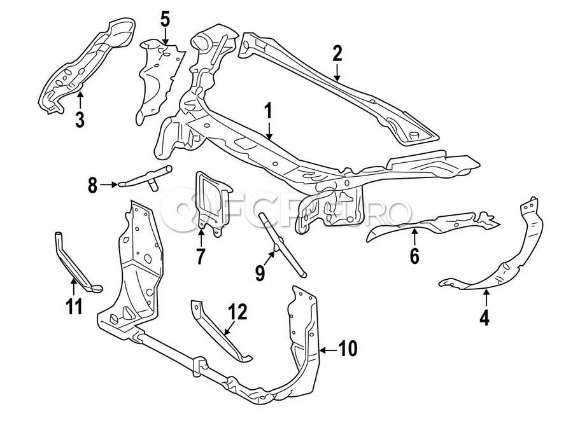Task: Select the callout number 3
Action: pos(80,119)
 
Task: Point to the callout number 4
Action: pos(485,316)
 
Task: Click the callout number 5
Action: pos(165,19)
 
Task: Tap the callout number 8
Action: pos(93,186)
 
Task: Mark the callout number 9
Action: pos(259,272)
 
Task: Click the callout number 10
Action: pos(348,349)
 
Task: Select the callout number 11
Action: pos(74,307)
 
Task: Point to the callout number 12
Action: pos(237,312)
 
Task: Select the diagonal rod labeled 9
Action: pos(280,244)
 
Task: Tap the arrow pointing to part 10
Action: pos(329,349)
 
